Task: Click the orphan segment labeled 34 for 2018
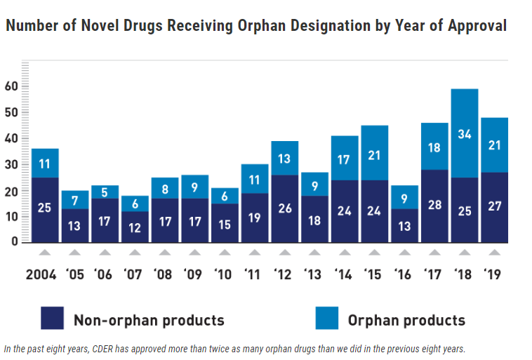[465, 133]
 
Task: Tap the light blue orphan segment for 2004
[44, 163]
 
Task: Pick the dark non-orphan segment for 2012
[284, 208]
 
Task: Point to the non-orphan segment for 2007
[134, 227]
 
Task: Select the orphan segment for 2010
[225, 196]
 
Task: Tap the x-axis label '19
[494, 275]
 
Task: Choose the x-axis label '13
[314, 275]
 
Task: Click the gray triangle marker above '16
[404, 253]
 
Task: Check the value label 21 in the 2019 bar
[494, 145]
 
